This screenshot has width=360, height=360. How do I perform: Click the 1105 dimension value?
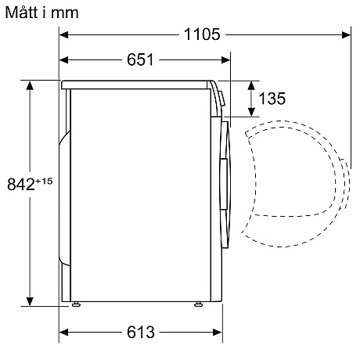tap(202, 34)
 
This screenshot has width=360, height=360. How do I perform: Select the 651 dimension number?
tap(140, 59)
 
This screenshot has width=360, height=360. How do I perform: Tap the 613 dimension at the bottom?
tap(141, 332)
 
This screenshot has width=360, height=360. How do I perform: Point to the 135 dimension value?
tap(272, 99)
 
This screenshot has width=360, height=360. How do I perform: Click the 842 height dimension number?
tap(21, 184)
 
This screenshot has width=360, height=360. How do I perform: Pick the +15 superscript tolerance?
tap(44, 181)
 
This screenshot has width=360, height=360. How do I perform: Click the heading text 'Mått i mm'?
tap(41, 13)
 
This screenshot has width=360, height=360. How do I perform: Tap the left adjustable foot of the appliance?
tap(76, 304)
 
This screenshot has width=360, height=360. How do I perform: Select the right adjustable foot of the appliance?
tap(198, 304)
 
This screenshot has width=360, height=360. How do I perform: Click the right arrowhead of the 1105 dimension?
tap(346, 34)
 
